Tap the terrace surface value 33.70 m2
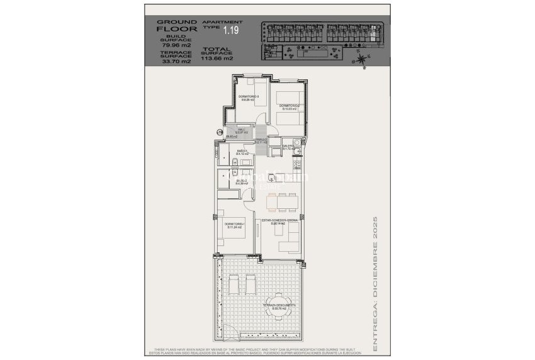coord(170,62)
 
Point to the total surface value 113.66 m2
coord(217,59)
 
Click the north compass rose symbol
coord(360,60)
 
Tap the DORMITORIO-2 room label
coord(289,105)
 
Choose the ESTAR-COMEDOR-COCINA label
coord(284,220)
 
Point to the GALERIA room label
coord(288,147)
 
